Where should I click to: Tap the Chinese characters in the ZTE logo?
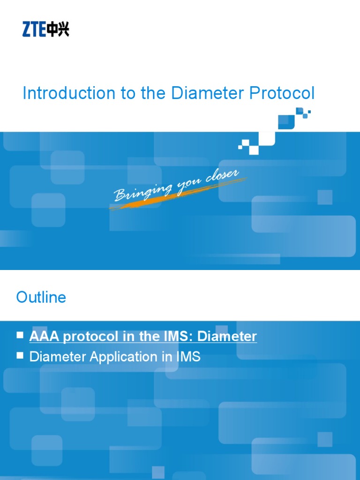58,30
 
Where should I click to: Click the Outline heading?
41,297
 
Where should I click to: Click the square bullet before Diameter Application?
20,356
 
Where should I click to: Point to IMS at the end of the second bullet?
188,357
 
